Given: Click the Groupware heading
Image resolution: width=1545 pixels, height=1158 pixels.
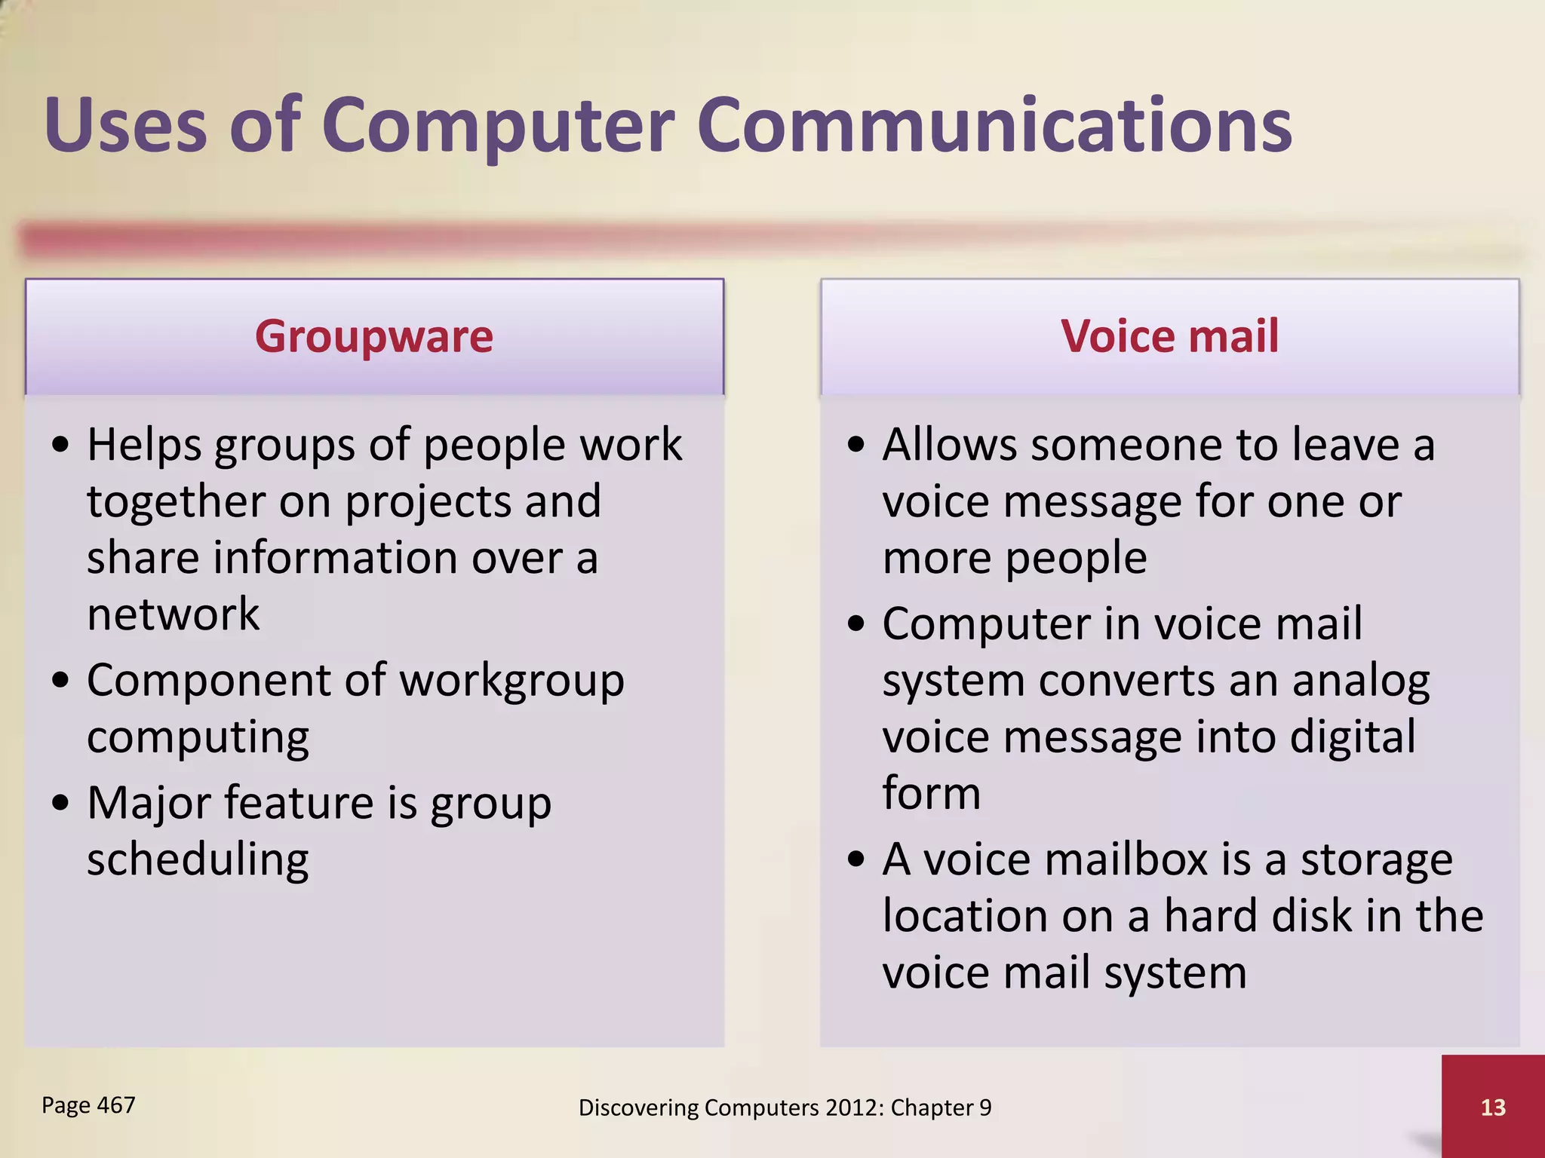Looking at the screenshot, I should [374, 336].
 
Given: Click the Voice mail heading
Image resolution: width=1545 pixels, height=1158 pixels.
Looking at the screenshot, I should [1169, 336].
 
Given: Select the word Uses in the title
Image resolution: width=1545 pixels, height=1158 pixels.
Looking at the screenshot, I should [125, 126].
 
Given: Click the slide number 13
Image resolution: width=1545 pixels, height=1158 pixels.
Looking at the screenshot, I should [1493, 1107].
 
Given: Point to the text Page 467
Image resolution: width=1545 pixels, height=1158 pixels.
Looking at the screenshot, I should [88, 1105].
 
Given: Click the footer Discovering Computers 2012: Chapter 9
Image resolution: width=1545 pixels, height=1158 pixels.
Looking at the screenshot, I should [785, 1107].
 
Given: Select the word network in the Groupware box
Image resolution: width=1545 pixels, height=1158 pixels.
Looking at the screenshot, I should [173, 614].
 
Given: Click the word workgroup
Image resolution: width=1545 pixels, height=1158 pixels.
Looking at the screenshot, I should [511, 681].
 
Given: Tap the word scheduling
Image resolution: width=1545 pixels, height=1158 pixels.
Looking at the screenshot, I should [198, 859].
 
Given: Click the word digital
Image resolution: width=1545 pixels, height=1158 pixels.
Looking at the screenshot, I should [1352, 737].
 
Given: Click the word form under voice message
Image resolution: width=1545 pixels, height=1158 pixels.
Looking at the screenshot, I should [931, 793].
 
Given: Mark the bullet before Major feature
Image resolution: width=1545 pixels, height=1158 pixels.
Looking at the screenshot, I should [60, 804].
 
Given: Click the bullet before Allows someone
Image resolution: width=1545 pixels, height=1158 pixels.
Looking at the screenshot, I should [855, 445].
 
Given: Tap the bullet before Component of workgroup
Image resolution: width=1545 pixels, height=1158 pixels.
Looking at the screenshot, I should [60, 681].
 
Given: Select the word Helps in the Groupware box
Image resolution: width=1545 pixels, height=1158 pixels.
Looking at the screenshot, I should [144, 445].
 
